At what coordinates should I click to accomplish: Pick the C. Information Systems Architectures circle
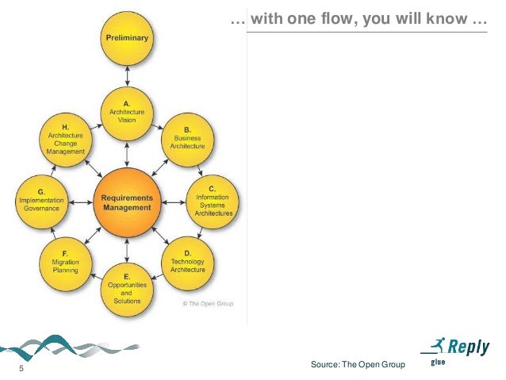point(213,202)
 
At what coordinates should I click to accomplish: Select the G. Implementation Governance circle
point(41,202)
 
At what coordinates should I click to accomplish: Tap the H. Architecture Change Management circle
point(66,141)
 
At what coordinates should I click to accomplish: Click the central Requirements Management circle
point(127,202)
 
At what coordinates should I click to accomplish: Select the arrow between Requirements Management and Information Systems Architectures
point(174,202)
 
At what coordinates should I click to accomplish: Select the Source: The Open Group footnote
point(359,364)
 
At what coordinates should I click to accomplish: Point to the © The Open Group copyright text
point(209,303)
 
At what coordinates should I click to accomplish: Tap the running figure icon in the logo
point(435,345)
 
